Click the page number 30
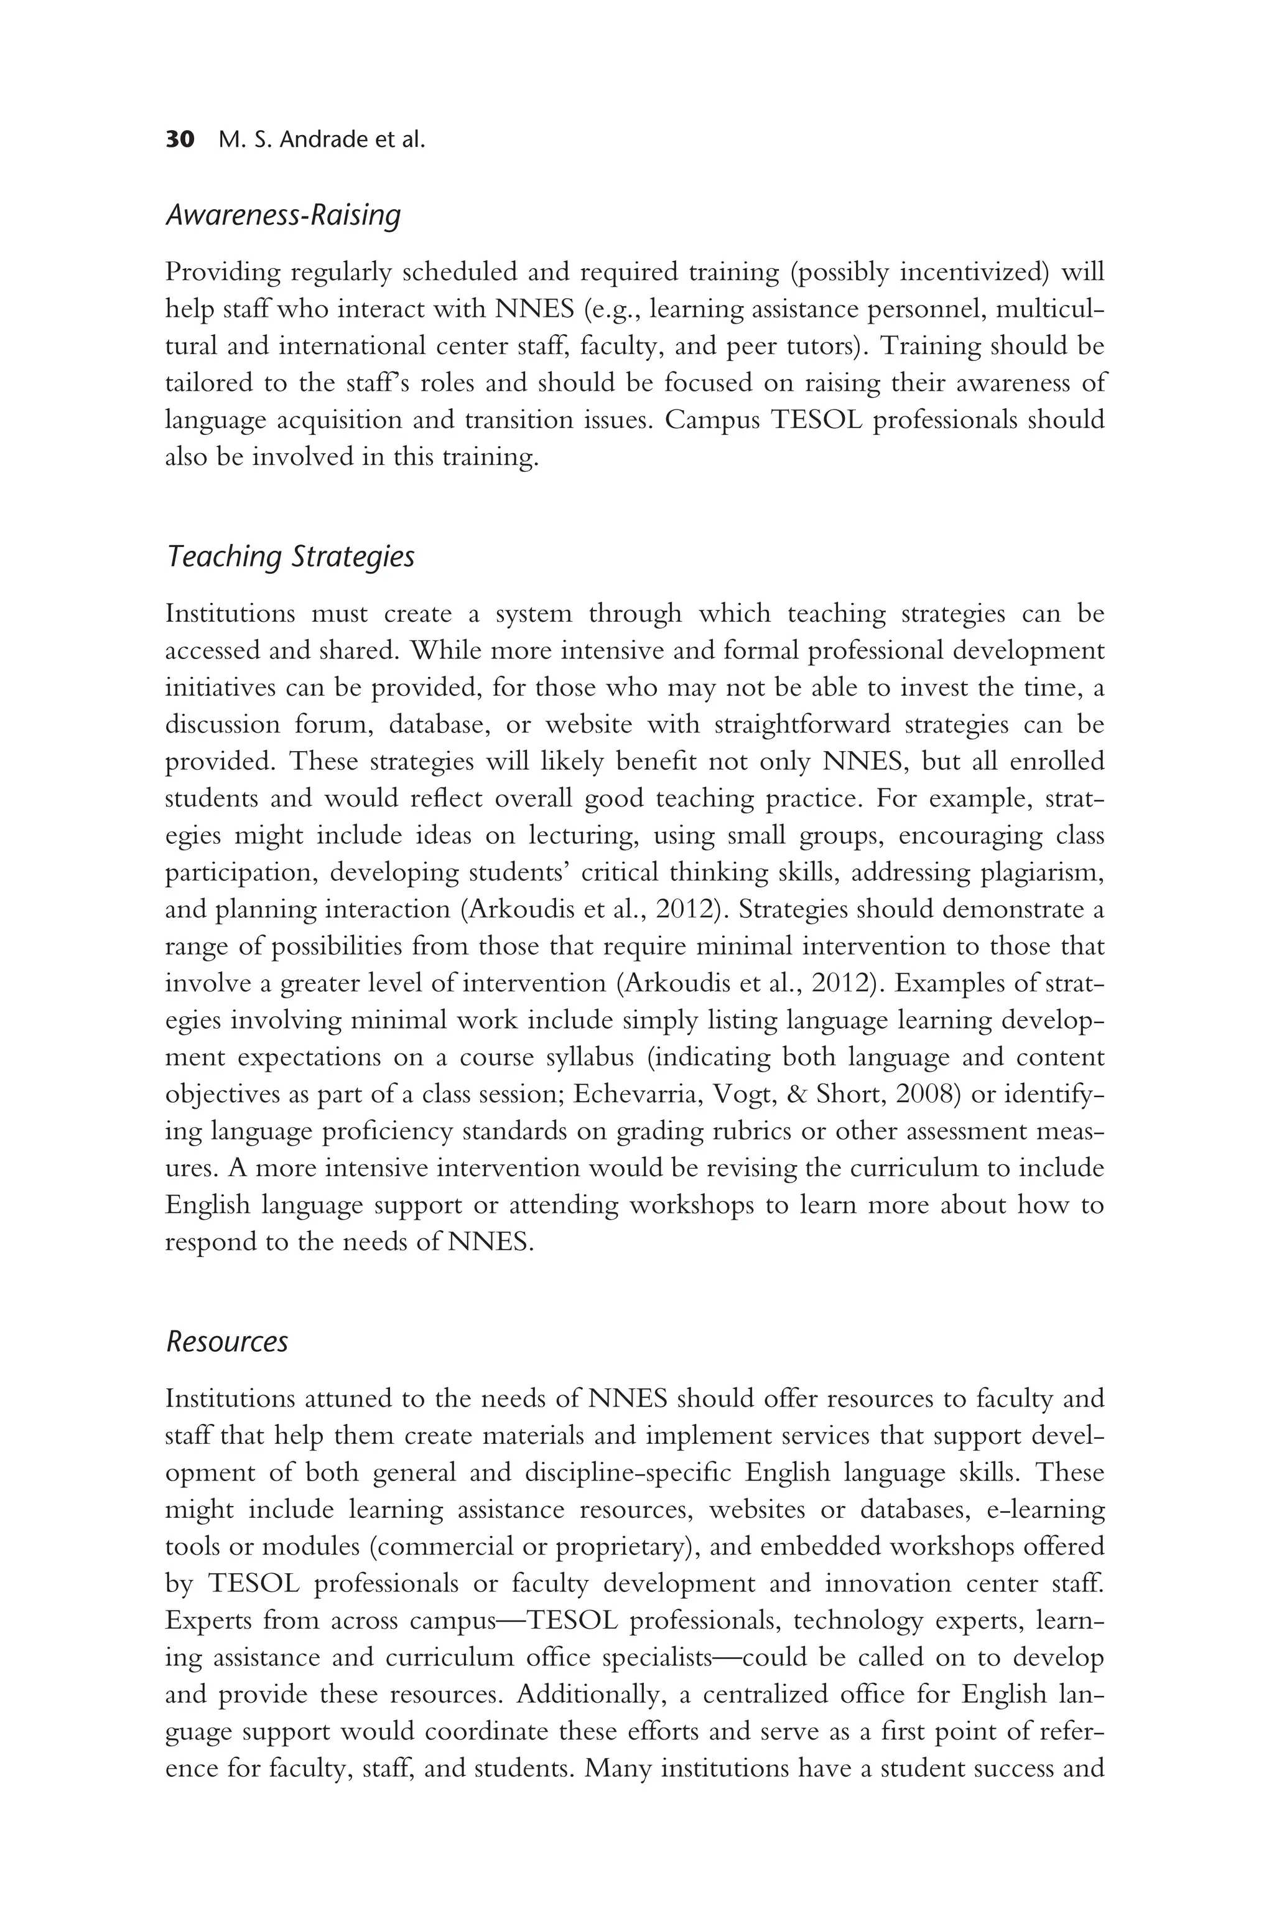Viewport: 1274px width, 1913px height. [x=180, y=140]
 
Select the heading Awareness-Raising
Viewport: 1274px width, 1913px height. [x=283, y=215]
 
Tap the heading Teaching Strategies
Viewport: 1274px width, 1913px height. [x=290, y=558]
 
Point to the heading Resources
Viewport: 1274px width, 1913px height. [x=226, y=1342]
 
